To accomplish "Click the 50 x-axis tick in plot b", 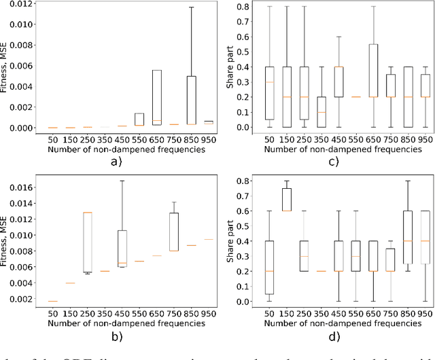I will tap(52, 315).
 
